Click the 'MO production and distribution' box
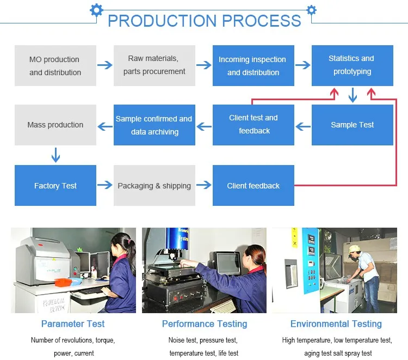[x=55, y=65]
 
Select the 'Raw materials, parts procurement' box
[x=154, y=65]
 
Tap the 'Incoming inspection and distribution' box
[x=254, y=65]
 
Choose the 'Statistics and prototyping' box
[x=353, y=65]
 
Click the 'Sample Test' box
[x=353, y=125]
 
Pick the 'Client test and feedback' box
[x=254, y=125]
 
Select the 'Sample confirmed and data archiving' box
[x=154, y=125]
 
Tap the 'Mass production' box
[x=55, y=125]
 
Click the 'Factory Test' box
[x=55, y=186]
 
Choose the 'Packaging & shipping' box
[x=154, y=186]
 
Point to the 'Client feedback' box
[x=254, y=186]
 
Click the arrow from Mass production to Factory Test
[x=55, y=155]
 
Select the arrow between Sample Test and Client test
[x=303, y=127]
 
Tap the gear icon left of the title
[x=96, y=9]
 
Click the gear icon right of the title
[x=311, y=9]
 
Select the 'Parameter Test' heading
[x=73, y=324]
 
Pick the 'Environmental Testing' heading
[x=336, y=324]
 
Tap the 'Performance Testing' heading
[x=205, y=324]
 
